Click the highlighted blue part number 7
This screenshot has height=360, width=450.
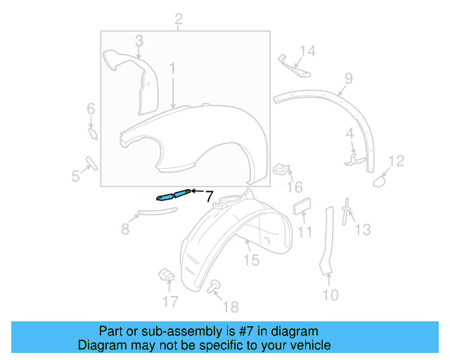point(172,195)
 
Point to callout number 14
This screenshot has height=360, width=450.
point(309,51)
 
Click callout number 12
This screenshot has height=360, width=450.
point(397,162)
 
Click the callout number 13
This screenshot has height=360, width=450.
point(362,229)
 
